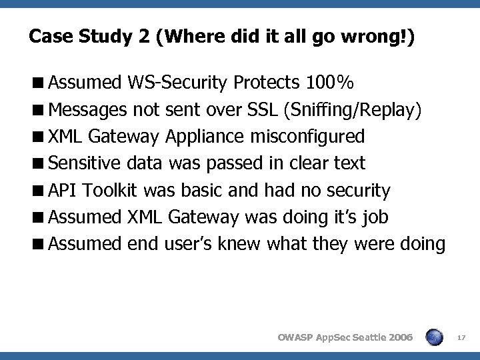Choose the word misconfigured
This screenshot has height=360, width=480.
307,137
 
